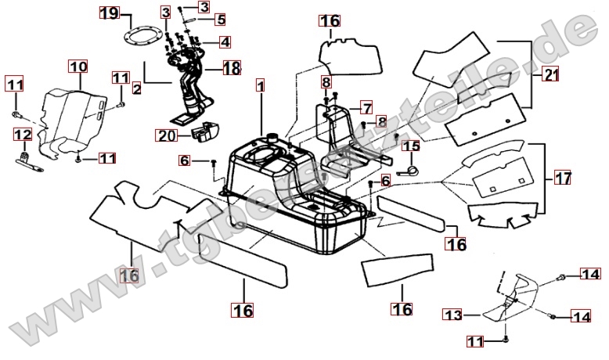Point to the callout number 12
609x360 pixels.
pyautogui.click(x=23, y=135)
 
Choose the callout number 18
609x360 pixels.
pyautogui.click(x=232, y=68)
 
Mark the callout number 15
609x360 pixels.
pyautogui.click(x=411, y=146)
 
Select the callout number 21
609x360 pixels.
pyautogui.click(x=552, y=75)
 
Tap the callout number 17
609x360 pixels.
pyautogui.click(x=563, y=177)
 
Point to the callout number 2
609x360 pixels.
pyautogui.click(x=136, y=88)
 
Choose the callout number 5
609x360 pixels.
pyautogui.click(x=220, y=19)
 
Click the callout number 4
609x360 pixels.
pyautogui.click(x=224, y=41)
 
